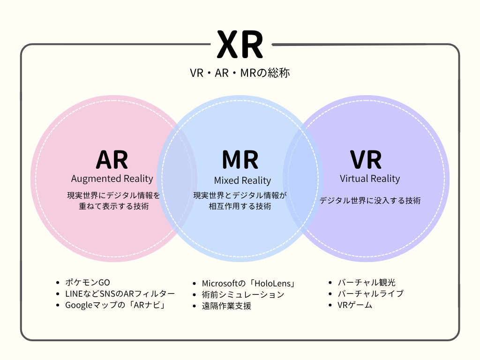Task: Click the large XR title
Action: [240, 45]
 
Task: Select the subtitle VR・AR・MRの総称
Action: [240, 73]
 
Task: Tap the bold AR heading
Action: [112, 160]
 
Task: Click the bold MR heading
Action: [240, 160]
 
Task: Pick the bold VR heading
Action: [366, 160]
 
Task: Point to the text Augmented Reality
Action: [112, 179]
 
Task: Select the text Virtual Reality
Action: [370, 179]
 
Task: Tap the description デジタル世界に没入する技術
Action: [370, 201]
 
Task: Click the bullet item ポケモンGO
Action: [88, 283]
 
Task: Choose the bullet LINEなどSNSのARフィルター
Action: [120, 294]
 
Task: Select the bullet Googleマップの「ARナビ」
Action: [117, 305]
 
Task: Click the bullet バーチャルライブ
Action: [370, 294]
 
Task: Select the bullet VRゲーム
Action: [355, 305]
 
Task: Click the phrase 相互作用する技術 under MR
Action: [240, 206]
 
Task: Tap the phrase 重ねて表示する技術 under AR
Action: [114, 206]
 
